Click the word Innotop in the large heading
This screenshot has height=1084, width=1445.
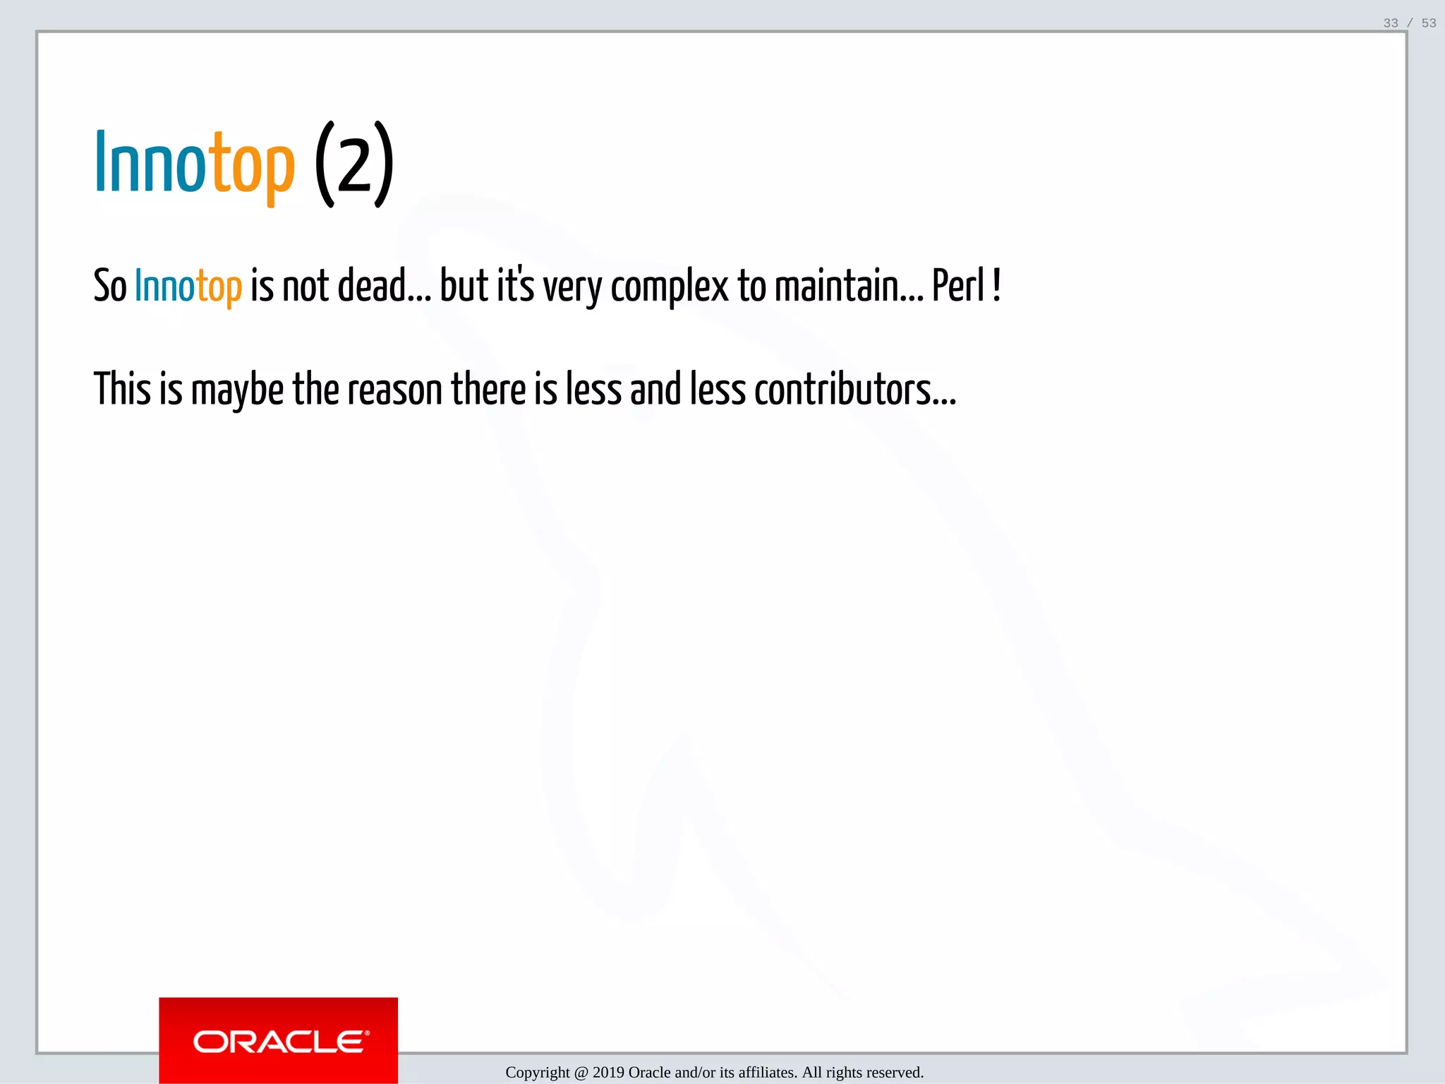click(194, 164)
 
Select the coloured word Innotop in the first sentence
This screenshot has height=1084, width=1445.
click(188, 287)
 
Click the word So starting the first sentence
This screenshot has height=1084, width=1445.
click(109, 287)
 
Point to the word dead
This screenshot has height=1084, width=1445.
click(373, 286)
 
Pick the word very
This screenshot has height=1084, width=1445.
click(572, 288)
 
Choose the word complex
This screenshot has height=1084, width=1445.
click(670, 288)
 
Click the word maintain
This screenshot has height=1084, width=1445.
click(838, 286)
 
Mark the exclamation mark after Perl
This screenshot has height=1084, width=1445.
click(996, 285)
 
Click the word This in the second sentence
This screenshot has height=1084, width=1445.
click(122, 389)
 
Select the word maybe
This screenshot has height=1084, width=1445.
click(237, 390)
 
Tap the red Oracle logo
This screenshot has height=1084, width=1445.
click(279, 1040)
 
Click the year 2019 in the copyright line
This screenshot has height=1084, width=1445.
click(608, 1073)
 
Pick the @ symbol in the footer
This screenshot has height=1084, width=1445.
click(581, 1073)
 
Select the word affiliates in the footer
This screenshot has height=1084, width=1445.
click(768, 1073)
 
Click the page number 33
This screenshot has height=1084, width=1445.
click(1391, 23)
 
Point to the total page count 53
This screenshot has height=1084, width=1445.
click(1429, 23)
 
